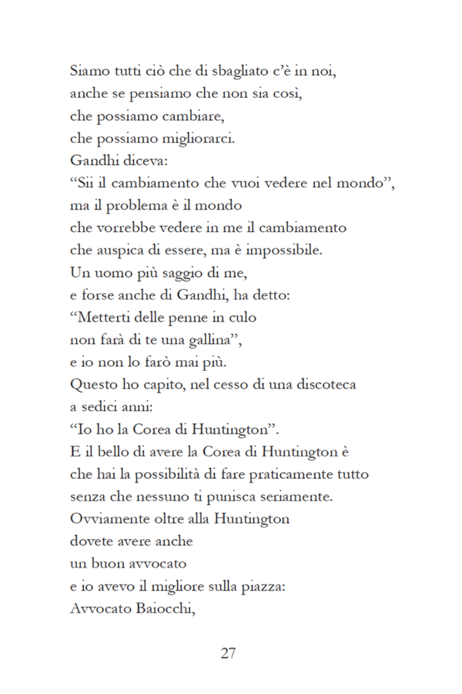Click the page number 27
pos(228,654)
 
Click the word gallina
pos(179,339)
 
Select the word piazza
pos(265,585)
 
